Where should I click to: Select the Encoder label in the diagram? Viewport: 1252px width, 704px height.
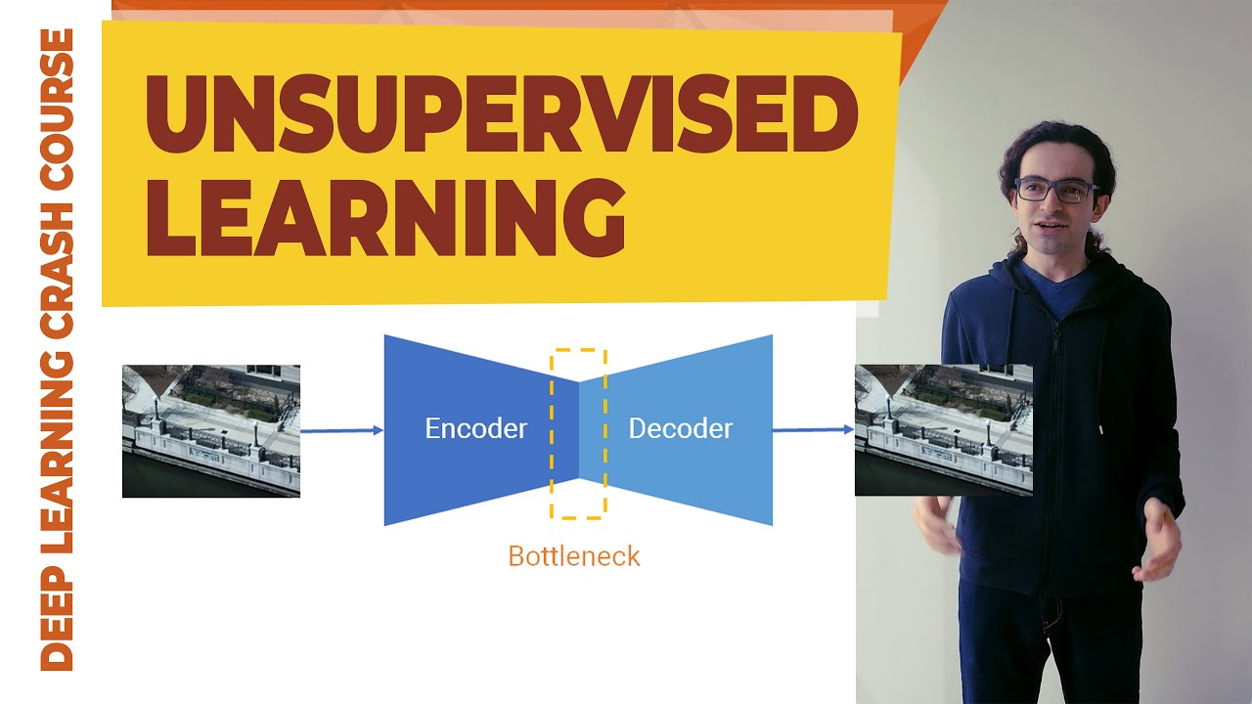[x=475, y=428]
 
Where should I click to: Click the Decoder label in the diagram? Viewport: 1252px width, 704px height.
[x=680, y=428]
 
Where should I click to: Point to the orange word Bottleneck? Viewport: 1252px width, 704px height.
[x=574, y=556]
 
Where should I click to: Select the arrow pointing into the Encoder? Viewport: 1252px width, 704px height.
[x=341, y=430]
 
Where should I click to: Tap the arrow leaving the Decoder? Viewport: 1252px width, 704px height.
[x=813, y=429]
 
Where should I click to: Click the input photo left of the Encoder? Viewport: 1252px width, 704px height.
[x=211, y=430]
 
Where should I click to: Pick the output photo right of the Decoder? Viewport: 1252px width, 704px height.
[x=943, y=430]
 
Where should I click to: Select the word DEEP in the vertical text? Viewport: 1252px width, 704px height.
[x=57, y=622]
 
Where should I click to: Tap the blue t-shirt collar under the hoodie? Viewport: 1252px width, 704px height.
[x=1056, y=284]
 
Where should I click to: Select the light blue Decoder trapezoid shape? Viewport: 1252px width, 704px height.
[x=704, y=469]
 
